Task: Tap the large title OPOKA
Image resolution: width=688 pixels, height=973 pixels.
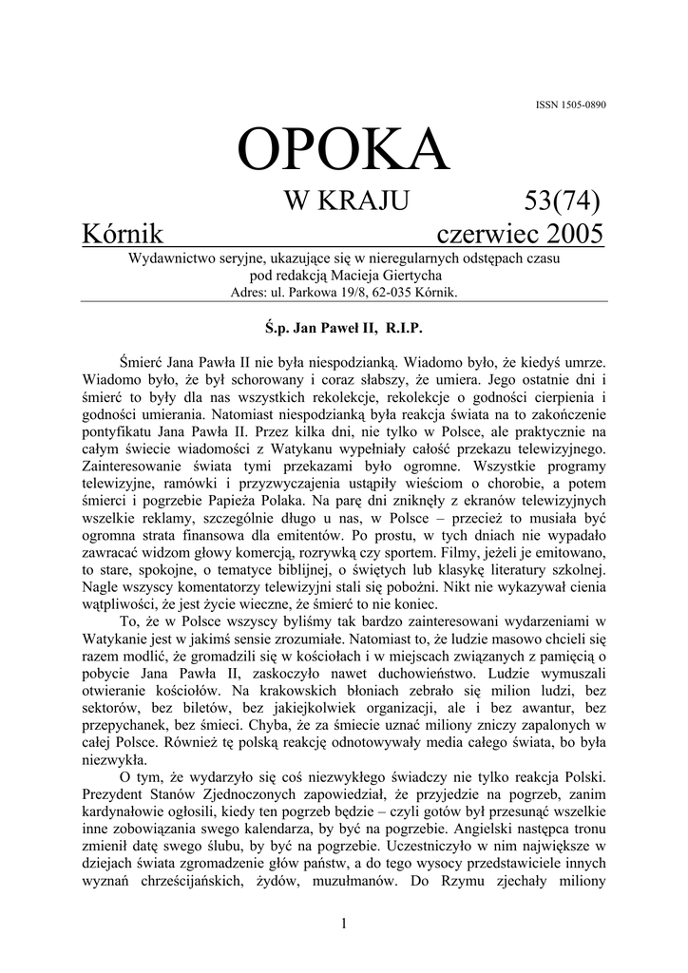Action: pyautogui.click(x=343, y=151)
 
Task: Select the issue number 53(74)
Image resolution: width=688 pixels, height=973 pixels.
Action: pyautogui.click(x=562, y=201)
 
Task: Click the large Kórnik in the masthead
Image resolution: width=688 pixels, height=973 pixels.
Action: pyautogui.click(x=124, y=234)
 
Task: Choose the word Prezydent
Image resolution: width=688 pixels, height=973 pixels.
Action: pyautogui.click(x=119, y=793)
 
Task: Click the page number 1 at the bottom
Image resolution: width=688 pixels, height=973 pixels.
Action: pyautogui.click(x=343, y=925)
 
